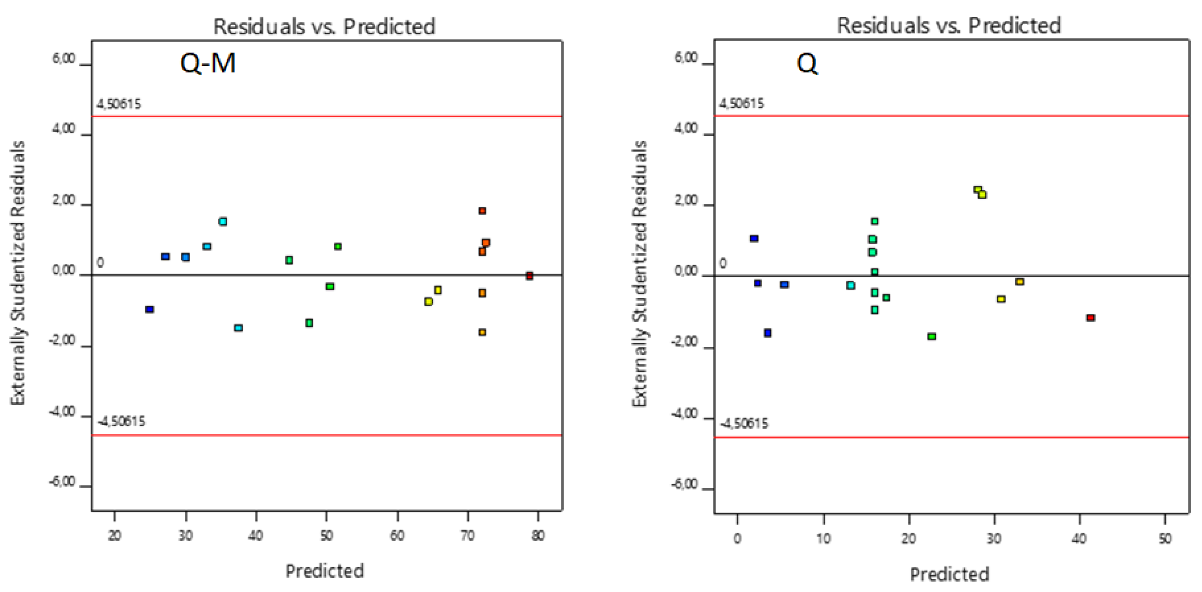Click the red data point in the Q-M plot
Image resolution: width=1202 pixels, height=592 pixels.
point(529,276)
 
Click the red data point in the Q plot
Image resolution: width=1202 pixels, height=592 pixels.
point(1091,318)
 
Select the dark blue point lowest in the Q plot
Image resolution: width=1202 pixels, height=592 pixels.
point(768,333)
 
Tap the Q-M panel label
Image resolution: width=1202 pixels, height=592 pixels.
point(208,63)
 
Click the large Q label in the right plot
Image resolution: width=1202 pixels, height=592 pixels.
point(807,63)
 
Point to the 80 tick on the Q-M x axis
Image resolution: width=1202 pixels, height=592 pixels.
point(538,535)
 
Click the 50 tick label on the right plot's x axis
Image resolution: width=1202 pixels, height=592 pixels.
point(1165,538)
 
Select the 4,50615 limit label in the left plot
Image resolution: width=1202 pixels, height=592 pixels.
point(119,104)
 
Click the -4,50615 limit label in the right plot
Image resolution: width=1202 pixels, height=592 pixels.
point(743,423)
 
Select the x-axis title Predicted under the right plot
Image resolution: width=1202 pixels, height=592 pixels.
point(949,574)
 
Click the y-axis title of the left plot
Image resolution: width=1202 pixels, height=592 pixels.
point(18,273)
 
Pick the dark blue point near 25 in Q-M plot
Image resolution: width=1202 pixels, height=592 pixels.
point(149,309)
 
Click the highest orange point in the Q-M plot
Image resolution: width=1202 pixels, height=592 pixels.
point(482,211)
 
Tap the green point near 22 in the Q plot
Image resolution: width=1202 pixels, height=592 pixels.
point(931,337)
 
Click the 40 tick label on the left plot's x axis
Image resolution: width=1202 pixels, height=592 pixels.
point(256,535)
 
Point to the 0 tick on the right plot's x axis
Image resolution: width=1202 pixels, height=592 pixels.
point(737,538)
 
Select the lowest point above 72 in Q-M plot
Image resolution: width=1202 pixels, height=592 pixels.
point(482,332)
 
